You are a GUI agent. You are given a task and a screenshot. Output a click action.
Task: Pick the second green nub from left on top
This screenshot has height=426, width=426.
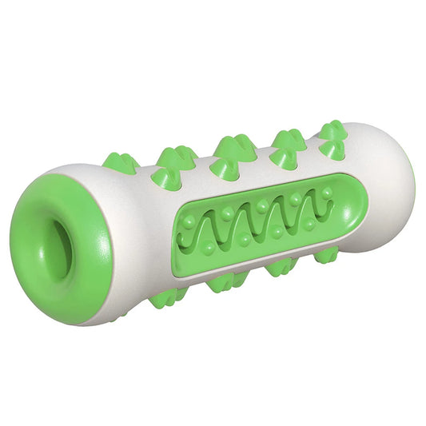coord(173,158)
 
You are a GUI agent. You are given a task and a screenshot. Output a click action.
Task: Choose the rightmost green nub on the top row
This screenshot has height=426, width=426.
coord(332,131)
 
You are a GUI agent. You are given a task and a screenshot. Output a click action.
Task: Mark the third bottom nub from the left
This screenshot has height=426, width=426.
coord(281,265)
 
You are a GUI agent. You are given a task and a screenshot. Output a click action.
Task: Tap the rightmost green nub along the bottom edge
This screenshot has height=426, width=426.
coord(325,255)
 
